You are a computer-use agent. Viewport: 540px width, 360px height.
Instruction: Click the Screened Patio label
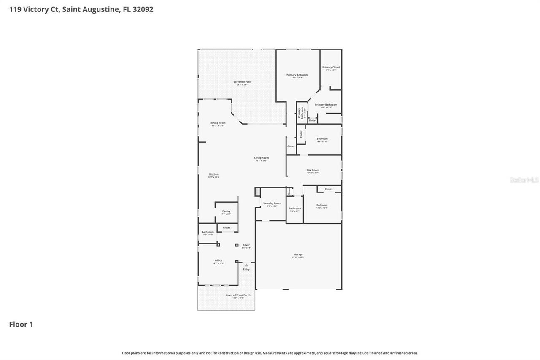(243, 82)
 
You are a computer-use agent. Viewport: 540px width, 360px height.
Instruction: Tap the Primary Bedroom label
(297, 75)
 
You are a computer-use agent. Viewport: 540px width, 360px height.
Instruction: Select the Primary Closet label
(331, 68)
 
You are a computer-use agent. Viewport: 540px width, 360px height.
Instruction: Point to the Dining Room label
(218, 123)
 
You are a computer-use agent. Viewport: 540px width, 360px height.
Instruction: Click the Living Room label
(261, 158)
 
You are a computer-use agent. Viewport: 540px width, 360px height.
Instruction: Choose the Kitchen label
(214, 174)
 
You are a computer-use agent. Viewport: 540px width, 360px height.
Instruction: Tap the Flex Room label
(313, 170)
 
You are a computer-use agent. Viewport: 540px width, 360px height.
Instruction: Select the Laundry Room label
(272, 203)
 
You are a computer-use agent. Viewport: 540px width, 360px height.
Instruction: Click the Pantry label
(227, 211)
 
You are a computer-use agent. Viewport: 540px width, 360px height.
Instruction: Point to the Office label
(218, 260)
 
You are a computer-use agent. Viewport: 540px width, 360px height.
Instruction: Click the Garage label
(298, 254)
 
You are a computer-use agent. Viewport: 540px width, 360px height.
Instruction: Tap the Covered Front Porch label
(238, 295)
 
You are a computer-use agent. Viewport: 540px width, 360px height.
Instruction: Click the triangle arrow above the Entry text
(246, 265)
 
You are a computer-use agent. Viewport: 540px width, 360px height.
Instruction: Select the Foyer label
(246, 245)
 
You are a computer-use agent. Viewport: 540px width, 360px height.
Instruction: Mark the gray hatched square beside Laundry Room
(258, 192)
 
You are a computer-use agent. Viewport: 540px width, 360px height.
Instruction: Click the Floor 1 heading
(21, 325)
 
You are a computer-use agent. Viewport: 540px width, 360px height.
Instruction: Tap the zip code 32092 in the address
(142, 9)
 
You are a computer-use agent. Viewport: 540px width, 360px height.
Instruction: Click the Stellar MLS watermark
(524, 180)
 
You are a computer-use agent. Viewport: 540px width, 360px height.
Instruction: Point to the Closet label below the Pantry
(227, 228)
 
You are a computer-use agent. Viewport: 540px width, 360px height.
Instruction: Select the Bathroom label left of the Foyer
(208, 232)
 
